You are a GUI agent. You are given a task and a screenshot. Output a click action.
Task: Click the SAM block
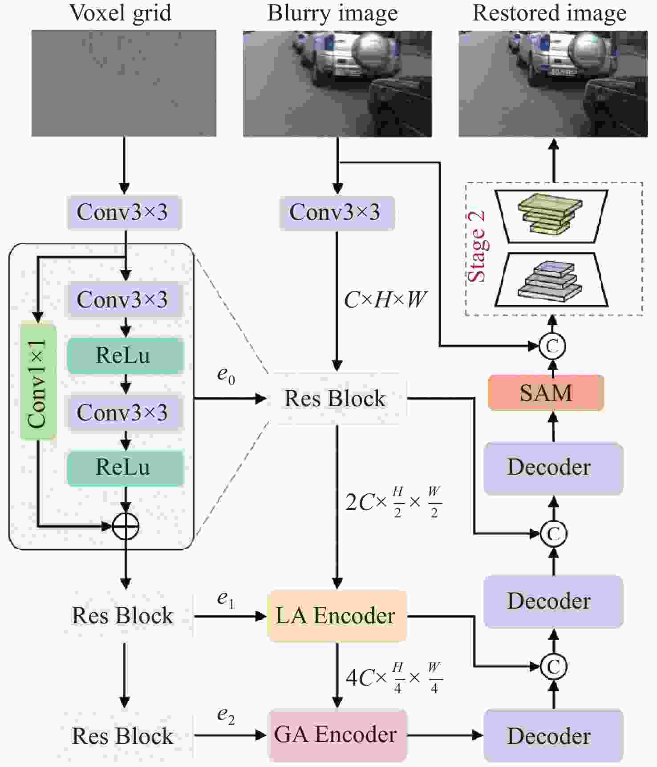(546, 392)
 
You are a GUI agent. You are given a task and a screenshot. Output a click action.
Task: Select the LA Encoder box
(337, 616)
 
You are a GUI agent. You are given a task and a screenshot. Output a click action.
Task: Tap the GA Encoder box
(337, 735)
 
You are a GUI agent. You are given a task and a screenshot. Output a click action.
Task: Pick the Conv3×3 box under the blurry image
(337, 212)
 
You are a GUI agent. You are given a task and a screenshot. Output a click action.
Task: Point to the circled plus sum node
(126, 526)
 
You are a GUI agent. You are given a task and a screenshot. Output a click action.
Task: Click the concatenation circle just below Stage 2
(552, 346)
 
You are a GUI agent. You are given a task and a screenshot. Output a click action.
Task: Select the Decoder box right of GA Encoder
(553, 735)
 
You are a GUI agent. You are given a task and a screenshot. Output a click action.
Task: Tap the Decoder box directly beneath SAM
(553, 468)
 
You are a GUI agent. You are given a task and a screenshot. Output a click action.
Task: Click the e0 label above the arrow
(226, 375)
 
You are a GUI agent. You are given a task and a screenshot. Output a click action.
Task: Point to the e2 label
(226, 715)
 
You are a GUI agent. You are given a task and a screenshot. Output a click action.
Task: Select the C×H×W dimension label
(385, 300)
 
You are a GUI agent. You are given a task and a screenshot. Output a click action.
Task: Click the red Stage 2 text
(477, 247)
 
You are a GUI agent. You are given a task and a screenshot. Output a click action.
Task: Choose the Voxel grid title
(121, 13)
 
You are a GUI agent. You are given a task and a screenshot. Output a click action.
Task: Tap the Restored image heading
(549, 13)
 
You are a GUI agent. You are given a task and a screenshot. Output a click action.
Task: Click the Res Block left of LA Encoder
(123, 616)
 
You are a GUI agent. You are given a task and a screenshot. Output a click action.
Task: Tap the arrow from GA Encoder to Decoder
(445, 735)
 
